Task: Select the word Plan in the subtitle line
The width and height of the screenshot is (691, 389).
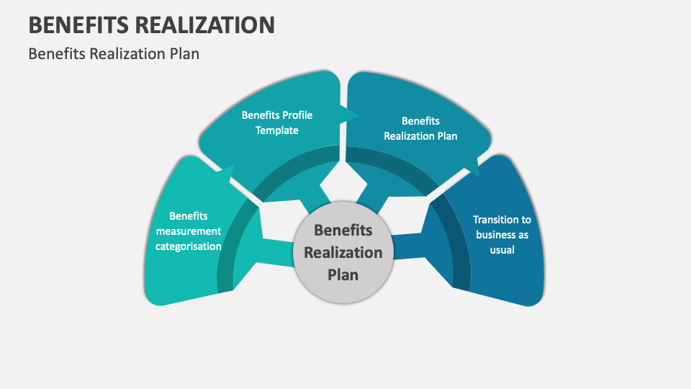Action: (185, 53)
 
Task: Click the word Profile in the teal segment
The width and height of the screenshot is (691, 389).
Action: (297, 115)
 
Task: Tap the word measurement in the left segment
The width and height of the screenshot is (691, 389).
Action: (189, 231)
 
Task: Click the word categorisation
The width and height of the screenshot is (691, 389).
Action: (189, 246)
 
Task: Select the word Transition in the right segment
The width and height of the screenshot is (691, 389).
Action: (502, 220)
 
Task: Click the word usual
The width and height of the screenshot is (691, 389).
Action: (502, 250)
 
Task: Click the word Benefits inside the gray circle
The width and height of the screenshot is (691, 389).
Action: (343, 231)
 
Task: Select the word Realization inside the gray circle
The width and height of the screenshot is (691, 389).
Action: (343, 253)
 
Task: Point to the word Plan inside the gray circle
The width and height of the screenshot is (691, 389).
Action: (343, 274)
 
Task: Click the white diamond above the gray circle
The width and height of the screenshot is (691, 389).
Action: (338, 183)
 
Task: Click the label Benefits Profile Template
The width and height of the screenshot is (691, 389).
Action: (277, 122)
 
